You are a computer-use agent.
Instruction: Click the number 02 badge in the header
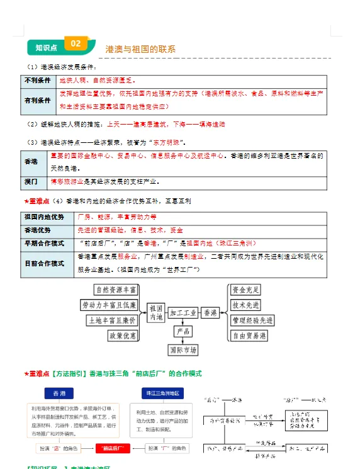point(76,43)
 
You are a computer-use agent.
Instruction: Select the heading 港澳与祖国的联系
point(140,49)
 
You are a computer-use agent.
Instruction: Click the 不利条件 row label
point(38,81)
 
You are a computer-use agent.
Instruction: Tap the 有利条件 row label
point(38,100)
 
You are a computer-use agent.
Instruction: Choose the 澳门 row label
point(31,182)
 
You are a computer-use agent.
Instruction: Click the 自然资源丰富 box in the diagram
point(115,290)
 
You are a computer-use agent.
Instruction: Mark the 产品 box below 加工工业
point(183,331)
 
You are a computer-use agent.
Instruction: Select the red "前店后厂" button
point(112,448)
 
